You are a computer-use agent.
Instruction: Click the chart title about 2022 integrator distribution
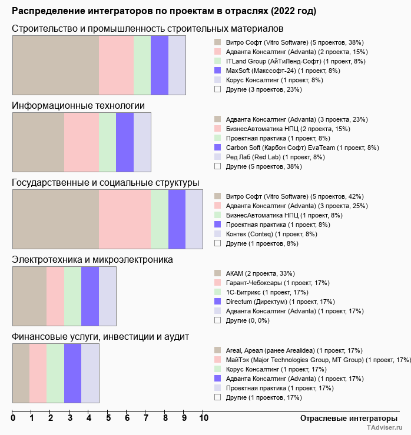pos(164,11)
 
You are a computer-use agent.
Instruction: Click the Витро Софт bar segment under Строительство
pos(55,65)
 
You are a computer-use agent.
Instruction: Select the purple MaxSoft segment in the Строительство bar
pos(160,65)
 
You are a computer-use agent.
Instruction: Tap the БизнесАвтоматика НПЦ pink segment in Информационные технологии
pos(81,142)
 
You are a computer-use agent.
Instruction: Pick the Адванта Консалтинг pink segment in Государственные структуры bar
pos(125,219)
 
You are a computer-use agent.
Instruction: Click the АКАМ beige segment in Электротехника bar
pos(29,296)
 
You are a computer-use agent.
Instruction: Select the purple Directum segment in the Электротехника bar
pos(90,296)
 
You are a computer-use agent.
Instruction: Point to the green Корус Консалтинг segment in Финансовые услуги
pos(55,373)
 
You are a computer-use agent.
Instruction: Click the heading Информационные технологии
pos(78,106)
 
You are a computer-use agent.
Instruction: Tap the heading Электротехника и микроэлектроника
pos(92,259)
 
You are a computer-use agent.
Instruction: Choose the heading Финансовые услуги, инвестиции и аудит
pos(100,337)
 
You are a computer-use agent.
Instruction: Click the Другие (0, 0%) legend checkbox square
pos(218,320)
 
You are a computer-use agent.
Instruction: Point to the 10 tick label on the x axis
pos(203,419)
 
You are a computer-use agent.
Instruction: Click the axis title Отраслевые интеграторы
pos(345,418)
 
